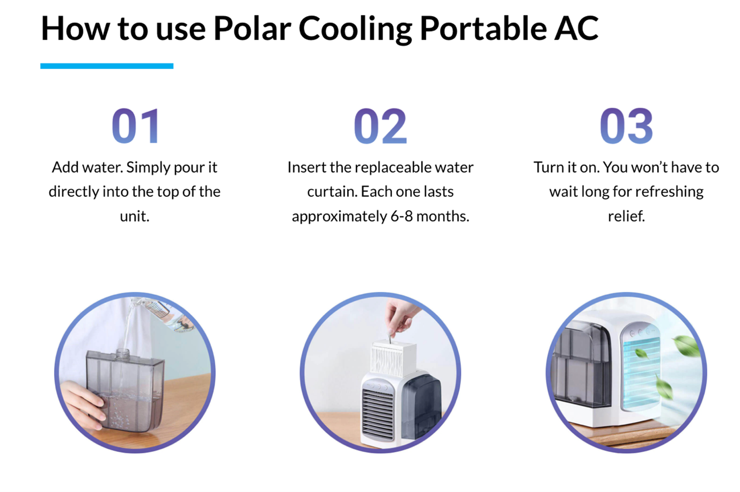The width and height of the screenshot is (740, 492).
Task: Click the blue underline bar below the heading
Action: coord(107,66)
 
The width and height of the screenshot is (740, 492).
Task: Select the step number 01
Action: coord(136,126)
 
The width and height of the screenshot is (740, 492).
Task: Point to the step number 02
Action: coord(380,126)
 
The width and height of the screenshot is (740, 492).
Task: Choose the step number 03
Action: coord(626,126)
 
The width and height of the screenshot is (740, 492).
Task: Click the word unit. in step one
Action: coord(135,216)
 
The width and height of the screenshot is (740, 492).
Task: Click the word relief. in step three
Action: coord(626,216)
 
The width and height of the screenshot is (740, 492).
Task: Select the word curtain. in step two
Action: coord(332,192)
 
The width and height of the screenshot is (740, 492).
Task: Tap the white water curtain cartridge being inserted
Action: coord(393,358)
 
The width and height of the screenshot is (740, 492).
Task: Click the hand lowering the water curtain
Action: coord(401,317)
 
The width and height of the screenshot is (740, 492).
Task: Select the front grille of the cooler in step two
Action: coord(378,415)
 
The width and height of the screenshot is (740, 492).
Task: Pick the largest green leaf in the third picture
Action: coord(687,346)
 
